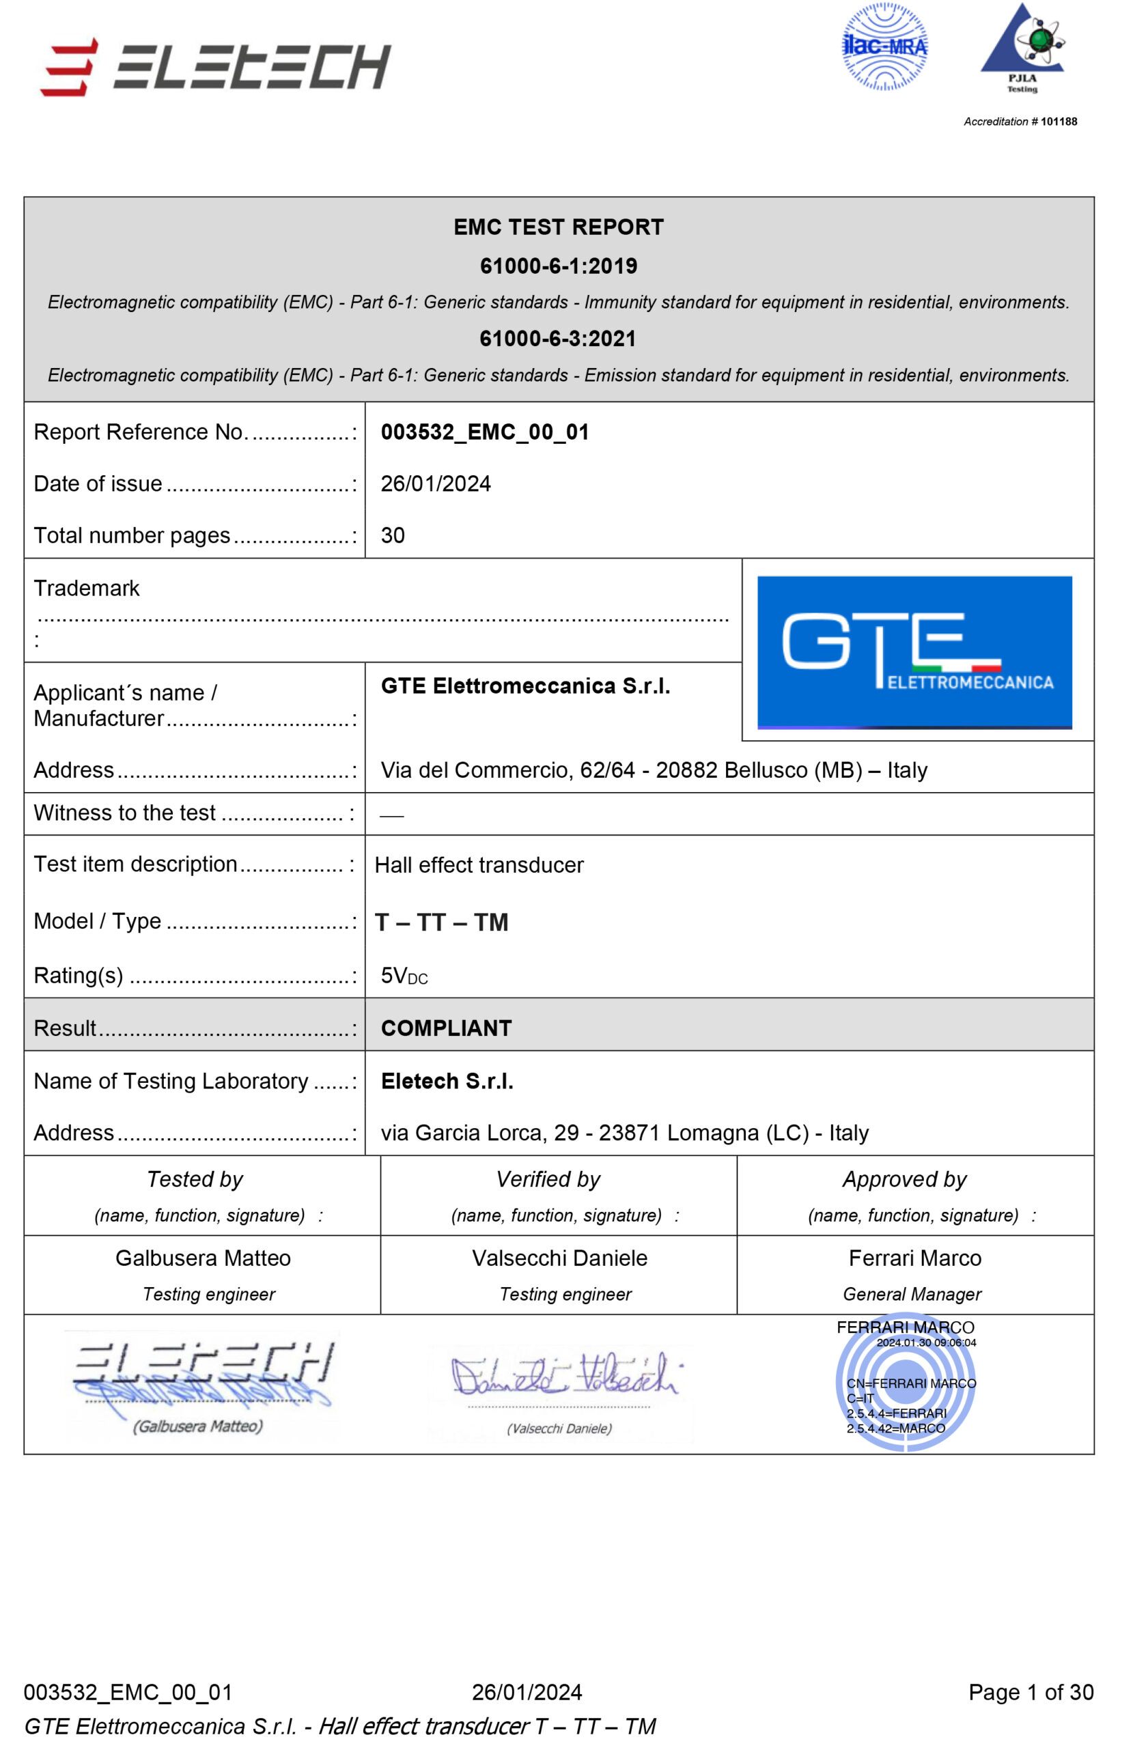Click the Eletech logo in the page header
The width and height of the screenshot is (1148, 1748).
pyautogui.click(x=215, y=66)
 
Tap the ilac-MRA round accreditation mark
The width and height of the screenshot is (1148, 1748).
pyautogui.click(x=884, y=47)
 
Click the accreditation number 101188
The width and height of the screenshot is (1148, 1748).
pyautogui.click(x=1058, y=122)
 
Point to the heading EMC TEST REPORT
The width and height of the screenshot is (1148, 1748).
pyautogui.click(x=558, y=227)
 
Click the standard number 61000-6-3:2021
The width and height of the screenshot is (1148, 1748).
pyautogui.click(x=557, y=339)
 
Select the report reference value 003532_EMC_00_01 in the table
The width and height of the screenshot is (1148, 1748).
pyautogui.click(x=485, y=432)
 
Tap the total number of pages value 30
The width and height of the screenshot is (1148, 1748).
pyautogui.click(x=392, y=535)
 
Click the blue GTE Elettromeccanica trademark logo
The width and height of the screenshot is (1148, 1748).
pyautogui.click(x=914, y=651)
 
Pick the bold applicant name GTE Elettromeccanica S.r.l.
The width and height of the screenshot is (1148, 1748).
pyautogui.click(x=525, y=686)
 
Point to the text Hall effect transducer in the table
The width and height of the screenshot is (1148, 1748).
pyautogui.click(x=479, y=865)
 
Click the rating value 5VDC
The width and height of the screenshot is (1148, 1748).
pyautogui.click(x=403, y=976)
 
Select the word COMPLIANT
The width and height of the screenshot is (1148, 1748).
pyautogui.click(x=446, y=1028)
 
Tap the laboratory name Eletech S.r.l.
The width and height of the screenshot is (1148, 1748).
pyautogui.click(x=447, y=1081)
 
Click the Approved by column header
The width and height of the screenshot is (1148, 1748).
pyautogui.click(x=904, y=1179)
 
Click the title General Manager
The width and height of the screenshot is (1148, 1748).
pyautogui.click(x=912, y=1294)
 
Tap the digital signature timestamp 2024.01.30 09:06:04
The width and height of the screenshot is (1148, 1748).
pyautogui.click(x=925, y=1342)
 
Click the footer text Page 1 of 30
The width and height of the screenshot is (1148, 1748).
pyautogui.click(x=1031, y=1692)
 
